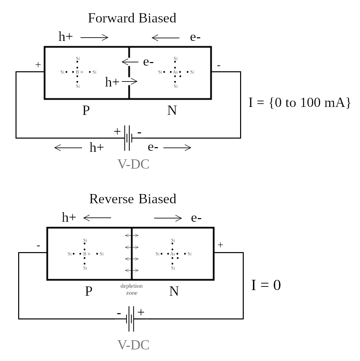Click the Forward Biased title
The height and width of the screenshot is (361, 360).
click(132, 18)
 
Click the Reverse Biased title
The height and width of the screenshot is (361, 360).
click(133, 199)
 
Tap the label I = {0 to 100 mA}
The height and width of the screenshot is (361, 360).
click(300, 103)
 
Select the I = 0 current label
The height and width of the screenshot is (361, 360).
click(266, 285)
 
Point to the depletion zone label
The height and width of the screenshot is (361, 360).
click(131, 289)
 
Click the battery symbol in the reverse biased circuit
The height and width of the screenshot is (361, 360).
click(131, 319)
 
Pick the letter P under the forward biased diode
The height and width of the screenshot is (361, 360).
click(86, 111)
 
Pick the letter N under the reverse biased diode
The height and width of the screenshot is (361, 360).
click(174, 291)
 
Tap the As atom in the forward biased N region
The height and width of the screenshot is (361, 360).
click(175, 72)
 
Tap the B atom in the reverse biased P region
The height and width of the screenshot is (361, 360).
click(85, 254)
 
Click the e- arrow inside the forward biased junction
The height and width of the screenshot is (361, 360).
click(130, 62)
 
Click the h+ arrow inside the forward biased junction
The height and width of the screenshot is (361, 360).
click(129, 81)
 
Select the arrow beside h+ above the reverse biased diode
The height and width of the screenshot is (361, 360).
click(97, 218)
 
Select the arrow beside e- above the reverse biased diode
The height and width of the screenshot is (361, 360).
click(168, 218)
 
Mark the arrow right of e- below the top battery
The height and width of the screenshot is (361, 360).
click(177, 148)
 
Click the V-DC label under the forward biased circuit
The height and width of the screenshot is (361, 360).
click(133, 164)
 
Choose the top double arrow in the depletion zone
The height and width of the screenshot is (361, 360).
click(131, 235)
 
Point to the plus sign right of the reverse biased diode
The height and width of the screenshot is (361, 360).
click(220, 245)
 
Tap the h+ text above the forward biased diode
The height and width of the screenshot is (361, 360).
click(65, 37)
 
